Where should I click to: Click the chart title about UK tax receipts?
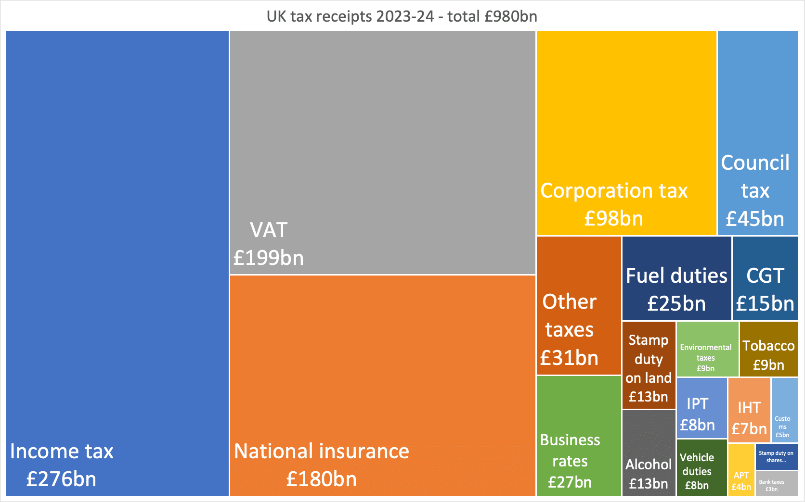402,16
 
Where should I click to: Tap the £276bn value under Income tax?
61,479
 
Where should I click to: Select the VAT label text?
269,230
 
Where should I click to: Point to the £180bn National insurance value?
321,479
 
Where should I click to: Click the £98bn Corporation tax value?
613,219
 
